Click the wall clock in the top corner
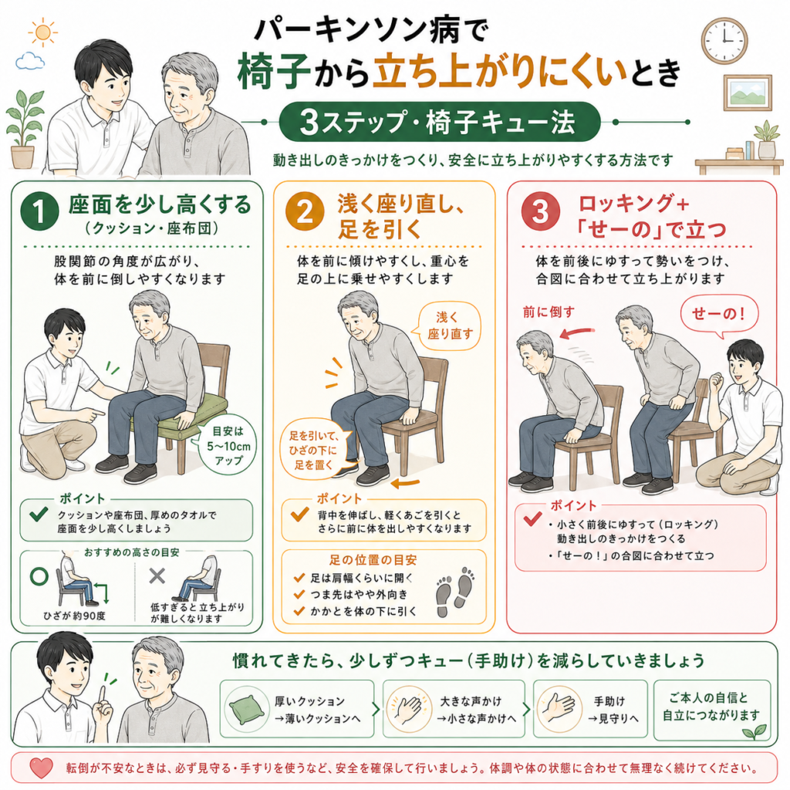724,41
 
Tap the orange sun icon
43,32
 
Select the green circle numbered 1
40,212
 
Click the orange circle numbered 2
305,212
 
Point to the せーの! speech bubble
719,316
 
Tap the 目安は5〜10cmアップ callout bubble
228,446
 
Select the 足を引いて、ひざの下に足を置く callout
314,450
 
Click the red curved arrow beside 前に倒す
577,333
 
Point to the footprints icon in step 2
455,592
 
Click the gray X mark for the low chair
157,576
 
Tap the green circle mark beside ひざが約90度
39,576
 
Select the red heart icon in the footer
41,768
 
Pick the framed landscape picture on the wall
748,93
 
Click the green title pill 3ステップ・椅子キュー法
439,122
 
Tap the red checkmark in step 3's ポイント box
532,519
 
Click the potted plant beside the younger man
24,130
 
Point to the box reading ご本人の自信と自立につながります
712,710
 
